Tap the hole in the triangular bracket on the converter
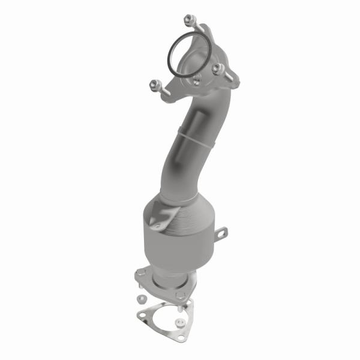click(158, 226)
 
